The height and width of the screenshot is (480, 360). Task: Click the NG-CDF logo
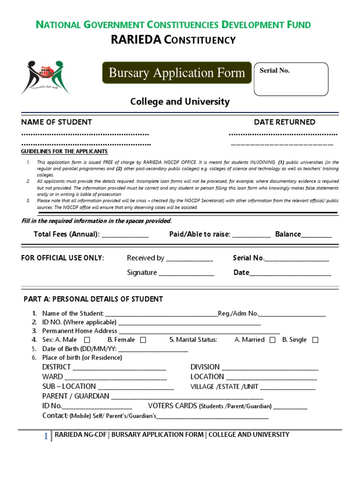[x=46, y=77]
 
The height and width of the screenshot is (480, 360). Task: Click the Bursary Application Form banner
[x=177, y=73]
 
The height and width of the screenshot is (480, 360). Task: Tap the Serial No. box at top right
[x=291, y=79]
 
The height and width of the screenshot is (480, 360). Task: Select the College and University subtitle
[x=180, y=102]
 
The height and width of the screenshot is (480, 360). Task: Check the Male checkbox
[x=87, y=340]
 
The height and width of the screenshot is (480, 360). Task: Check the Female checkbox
[x=143, y=340]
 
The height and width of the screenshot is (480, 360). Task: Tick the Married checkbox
[x=272, y=340]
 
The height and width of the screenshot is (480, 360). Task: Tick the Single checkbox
[x=315, y=340]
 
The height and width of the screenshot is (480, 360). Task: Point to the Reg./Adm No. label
[x=238, y=314]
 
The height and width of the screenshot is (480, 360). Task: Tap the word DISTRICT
[x=57, y=367]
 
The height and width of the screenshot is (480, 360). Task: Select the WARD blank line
[x=115, y=378]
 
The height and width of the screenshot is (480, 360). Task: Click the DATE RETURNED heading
[x=285, y=122]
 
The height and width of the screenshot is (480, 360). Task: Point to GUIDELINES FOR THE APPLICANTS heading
[x=65, y=152]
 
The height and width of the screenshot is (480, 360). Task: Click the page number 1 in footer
[x=46, y=436]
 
